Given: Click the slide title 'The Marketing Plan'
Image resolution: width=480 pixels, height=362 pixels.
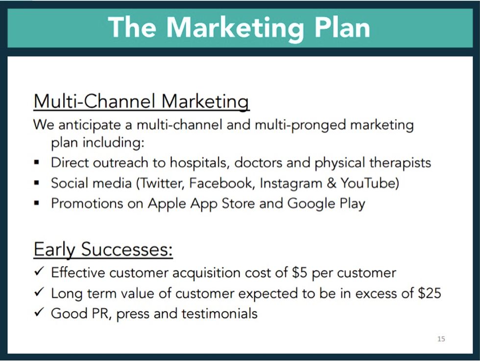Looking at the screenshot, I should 239,27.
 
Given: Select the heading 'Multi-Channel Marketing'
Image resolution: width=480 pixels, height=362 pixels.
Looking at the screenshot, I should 141,101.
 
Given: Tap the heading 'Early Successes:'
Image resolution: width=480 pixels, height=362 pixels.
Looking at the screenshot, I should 103,249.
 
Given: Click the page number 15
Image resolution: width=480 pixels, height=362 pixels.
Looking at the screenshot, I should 441,339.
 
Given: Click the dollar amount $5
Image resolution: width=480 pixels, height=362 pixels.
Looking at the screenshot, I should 299,272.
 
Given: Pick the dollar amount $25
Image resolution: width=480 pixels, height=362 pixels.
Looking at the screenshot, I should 430,293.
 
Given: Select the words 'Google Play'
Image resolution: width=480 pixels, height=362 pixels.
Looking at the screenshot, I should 326,204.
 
